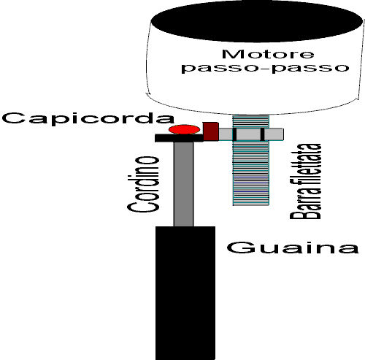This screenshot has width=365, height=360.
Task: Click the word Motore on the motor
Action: pos(268,54)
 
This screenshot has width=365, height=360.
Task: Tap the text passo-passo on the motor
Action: pos(265,68)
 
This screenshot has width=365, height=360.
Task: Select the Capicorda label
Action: pos(88,119)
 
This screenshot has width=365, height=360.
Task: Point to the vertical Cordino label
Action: pos(143,184)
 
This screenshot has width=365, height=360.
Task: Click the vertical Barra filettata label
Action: pos(306,181)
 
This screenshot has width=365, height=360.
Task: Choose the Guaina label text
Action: pos(293,248)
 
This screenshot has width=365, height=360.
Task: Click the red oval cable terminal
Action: pos(184,129)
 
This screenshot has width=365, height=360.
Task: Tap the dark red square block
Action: pos(211,131)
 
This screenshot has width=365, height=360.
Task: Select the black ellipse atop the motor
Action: pos(256,21)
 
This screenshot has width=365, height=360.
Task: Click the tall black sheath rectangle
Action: pos(185,293)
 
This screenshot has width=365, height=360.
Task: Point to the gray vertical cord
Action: pos(184,184)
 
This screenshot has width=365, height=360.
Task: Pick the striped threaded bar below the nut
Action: pos(251,173)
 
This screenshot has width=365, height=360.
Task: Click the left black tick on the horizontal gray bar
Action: pos(234,134)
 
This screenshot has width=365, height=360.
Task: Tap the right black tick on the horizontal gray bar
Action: pos(262,134)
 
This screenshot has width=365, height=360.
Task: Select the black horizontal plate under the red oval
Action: pos(180,138)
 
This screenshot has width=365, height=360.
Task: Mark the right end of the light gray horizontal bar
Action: pos(283,134)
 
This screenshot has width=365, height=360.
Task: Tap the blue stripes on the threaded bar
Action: pos(251,187)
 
